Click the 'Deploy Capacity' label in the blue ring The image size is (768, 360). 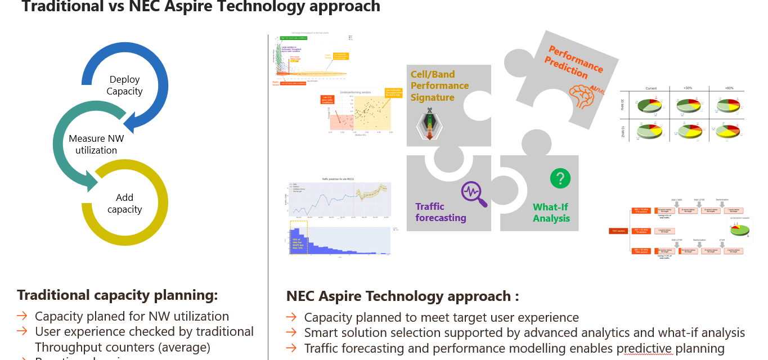[x=124, y=85]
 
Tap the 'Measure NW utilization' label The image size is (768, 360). [x=96, y=144]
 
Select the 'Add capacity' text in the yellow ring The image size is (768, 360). [x=124, y=203]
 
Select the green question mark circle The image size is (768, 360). [x=560, y=179]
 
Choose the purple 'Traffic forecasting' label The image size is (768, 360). [x=441, y=212]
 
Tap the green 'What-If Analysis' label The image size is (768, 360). [x=551, y=213]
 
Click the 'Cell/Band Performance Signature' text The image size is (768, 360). [x=439, y=85]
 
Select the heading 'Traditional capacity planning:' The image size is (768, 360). [x=117, y=295]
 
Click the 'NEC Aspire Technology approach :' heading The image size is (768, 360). [x=402, y=296]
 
